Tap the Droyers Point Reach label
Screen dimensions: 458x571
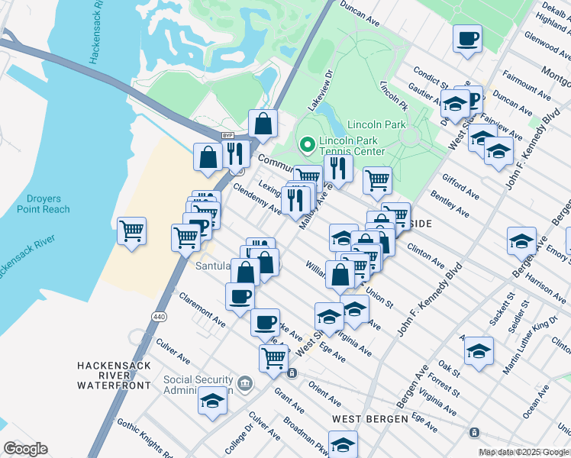(x=43, y=204)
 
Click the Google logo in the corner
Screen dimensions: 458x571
(x=25, y=449)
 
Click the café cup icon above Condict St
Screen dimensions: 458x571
(x=467, y=37)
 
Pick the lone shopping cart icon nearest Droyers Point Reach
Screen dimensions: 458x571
(x=132, y=229)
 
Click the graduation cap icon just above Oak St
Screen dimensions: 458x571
(x=479, y=351)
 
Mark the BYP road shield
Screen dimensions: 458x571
(x=227, y=135)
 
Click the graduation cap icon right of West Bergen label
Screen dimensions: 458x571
(x=344, y=444)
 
